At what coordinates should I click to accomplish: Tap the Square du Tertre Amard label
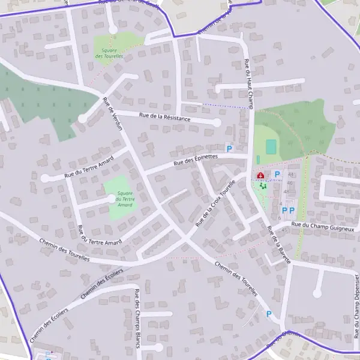124,199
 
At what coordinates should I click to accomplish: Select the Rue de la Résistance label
164,118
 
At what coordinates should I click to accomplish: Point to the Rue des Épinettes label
196,158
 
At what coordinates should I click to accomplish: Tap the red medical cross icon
261,175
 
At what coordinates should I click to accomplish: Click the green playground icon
263,186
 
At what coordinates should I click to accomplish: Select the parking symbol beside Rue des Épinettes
228,148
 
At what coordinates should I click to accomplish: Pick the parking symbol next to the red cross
277,174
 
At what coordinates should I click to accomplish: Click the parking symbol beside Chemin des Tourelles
269,314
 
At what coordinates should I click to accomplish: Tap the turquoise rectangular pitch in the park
271,146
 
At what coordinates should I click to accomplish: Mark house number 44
290,174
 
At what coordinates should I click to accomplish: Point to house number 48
286,191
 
